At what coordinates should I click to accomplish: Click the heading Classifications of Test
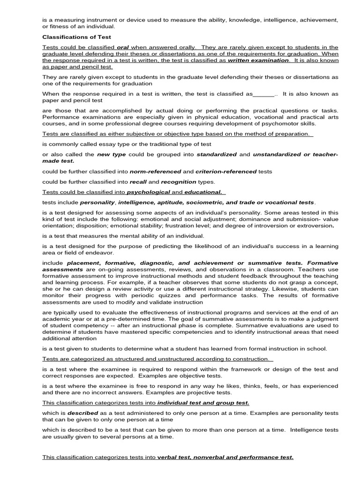pos(76,36)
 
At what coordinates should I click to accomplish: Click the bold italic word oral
pos(122,47)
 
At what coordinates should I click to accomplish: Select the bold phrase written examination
pos(264,60)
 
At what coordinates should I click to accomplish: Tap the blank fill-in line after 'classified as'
pos(263,94)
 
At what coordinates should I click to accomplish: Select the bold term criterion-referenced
pos(226,172)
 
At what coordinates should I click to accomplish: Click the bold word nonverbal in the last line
pos(218,457)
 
